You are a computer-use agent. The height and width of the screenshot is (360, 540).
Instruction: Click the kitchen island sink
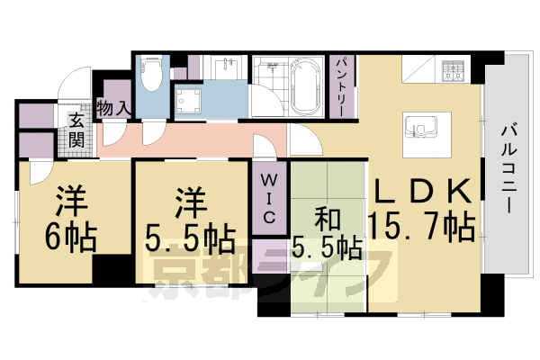click(x=419, y=128)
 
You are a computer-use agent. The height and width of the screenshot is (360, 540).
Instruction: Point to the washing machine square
click(x=190, y=101)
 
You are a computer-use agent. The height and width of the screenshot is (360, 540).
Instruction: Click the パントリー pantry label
click(x=341, y=85)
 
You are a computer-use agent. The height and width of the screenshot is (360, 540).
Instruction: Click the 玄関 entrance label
click(x=76, y=130)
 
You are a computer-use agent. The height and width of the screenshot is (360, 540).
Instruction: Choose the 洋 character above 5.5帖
click(x=188, y=199)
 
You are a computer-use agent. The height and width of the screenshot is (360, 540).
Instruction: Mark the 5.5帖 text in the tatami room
click(x=328, y=247)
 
